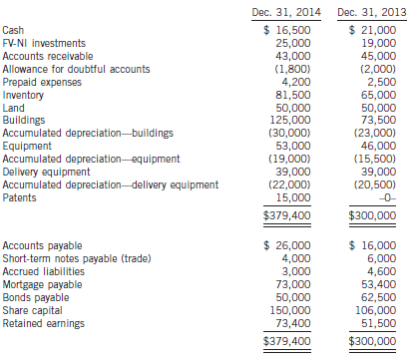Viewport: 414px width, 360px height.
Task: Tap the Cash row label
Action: point(15,31)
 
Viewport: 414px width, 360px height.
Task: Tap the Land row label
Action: point(15,109)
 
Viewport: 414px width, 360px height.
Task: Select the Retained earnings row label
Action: point(42,322)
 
